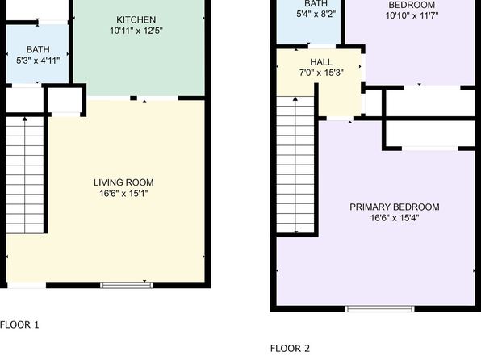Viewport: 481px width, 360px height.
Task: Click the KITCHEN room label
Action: [x=136, y=19]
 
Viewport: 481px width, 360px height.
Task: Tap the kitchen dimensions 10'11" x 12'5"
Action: [x=136, y=31]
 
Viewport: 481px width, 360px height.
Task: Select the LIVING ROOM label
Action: [x=123, y=182]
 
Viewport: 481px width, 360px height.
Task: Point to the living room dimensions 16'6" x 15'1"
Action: [x=123, y=194]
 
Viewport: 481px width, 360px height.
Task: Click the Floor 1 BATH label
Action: [x=38, y=49]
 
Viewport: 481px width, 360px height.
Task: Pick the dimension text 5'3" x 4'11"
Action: [x=38, y=61]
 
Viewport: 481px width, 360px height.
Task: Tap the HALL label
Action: [x=321, y=62]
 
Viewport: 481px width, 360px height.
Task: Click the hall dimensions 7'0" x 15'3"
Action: [x=321, y=73]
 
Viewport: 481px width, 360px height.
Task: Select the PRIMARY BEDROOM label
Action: [x=395, y=207]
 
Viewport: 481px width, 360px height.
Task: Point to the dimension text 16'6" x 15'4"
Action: [x=395, y=218]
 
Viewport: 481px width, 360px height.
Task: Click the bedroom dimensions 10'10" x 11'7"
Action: [x=412, y=15]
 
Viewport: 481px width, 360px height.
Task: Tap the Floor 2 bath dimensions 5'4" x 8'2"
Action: [x=316, y=14]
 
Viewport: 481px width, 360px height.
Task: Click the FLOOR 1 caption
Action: [x=19, y=324]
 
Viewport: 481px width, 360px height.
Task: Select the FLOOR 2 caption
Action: [x=290, y=349]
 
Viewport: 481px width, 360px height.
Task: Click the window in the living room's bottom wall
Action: [x=127, y=285]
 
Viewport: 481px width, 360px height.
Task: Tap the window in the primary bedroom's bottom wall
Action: [x=379, y=309]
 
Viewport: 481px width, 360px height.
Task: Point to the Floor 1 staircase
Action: [x=25, y=175]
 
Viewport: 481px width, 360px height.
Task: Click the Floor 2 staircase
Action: [x=295, y=165]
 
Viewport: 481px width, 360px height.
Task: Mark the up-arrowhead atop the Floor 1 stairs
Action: [x=25, y=119]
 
